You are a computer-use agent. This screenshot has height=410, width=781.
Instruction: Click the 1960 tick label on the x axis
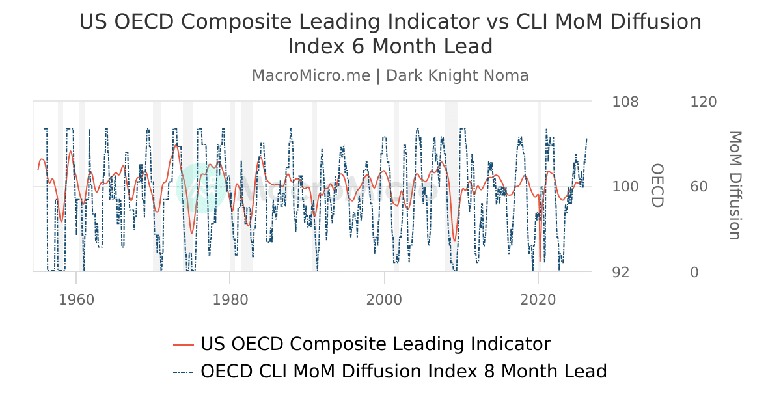coord(76,300)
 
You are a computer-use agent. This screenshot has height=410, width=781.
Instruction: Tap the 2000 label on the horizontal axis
coord(384,300)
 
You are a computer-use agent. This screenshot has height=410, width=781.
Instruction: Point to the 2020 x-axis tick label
coord(538,300)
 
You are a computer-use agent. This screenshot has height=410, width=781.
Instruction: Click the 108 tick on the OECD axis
coord(625,102)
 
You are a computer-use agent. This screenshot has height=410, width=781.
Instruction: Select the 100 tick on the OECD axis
coord(625,187)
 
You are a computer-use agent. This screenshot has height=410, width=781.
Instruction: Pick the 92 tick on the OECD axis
coord(621,272)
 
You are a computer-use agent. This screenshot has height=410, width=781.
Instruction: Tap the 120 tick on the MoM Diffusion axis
coord(703,102)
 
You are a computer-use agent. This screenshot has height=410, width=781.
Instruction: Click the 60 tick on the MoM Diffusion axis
coord(698,187)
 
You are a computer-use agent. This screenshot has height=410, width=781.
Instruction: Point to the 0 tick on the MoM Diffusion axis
coord(694,272)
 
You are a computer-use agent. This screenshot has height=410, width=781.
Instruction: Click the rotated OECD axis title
coord(657,185)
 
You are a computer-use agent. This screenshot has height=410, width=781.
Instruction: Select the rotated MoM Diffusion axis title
coord(734,185)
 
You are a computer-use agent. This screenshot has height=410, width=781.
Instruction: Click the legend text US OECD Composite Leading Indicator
coord(376,344)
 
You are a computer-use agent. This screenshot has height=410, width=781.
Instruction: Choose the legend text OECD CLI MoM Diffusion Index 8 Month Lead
coord(404,372)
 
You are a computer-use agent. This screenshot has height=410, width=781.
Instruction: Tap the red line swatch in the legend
coord(184,345)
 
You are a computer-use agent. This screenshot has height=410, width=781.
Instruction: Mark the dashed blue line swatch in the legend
coord(184,372)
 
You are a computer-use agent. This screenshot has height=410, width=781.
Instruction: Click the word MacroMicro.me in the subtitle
coord(310,75)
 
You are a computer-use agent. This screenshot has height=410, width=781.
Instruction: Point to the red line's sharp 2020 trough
coord(540,261)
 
